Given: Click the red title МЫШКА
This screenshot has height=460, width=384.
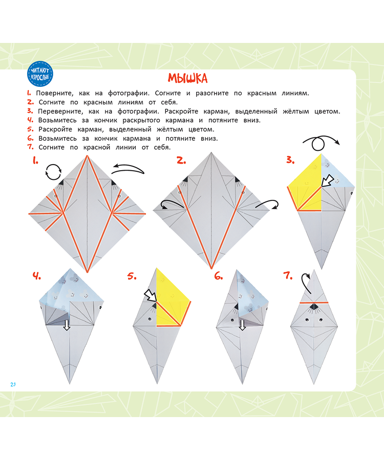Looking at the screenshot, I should [x=187, y=78].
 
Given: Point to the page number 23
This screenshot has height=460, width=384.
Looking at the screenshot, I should [x=13, y=384].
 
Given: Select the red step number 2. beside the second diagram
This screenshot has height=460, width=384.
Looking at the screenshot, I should [x=181, y=161].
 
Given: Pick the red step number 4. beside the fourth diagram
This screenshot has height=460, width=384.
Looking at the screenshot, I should [x=36, y=277].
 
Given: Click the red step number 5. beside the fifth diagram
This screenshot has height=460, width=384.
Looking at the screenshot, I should [x=132, y=277].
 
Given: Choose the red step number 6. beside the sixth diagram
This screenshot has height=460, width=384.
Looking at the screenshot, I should [x=219, y=277].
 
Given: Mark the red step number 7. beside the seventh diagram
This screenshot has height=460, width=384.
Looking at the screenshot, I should [x=288, y=277].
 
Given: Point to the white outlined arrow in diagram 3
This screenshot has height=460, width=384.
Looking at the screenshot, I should [x=325, y=180].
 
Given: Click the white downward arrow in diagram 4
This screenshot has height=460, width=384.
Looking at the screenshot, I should [x=67, y=325].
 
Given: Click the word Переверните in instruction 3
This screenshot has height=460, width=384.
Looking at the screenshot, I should [x=58, y=111].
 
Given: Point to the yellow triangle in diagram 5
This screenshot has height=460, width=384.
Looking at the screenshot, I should [x=172, y=294].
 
